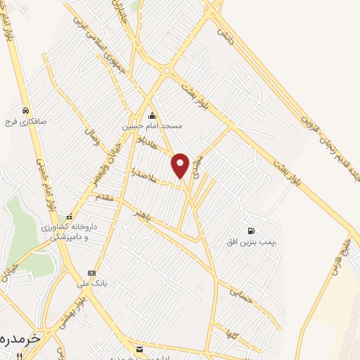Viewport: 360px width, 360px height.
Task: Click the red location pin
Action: point(181,165)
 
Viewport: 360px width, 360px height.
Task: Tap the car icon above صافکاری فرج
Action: point(25,110)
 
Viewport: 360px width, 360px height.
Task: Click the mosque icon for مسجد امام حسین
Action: point(151,116)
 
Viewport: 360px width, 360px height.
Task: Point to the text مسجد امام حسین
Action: point(152,126)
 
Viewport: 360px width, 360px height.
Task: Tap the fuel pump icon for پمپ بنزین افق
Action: point(250,231)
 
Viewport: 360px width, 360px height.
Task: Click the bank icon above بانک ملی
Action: point(91,273)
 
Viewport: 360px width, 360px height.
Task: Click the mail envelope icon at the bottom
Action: point(139,349)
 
